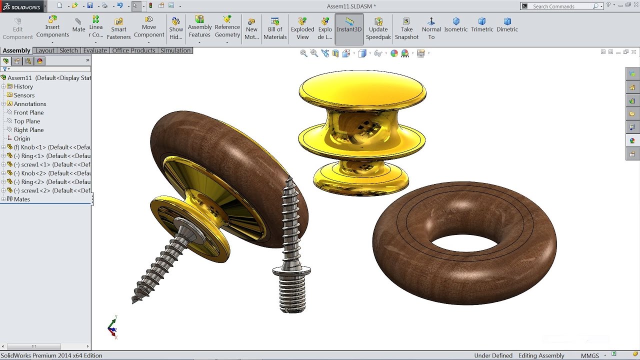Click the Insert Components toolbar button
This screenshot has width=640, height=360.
coord(52,27)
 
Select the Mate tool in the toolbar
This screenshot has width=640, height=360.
coord(78,25)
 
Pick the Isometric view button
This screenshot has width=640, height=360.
coord(456,25)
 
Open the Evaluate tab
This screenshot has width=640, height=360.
coord(95,50)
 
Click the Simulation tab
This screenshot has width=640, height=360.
coord(175,50)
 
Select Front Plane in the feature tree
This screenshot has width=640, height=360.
coord(28,112)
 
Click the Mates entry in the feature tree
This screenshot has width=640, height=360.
coord(22,199)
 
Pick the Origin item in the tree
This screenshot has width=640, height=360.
coord(22,138)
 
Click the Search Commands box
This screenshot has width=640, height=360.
coord(562,6)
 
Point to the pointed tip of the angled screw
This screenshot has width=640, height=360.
coord(134,300)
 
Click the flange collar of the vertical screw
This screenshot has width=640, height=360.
coord(291,271)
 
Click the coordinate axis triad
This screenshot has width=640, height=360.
coord(112,328)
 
